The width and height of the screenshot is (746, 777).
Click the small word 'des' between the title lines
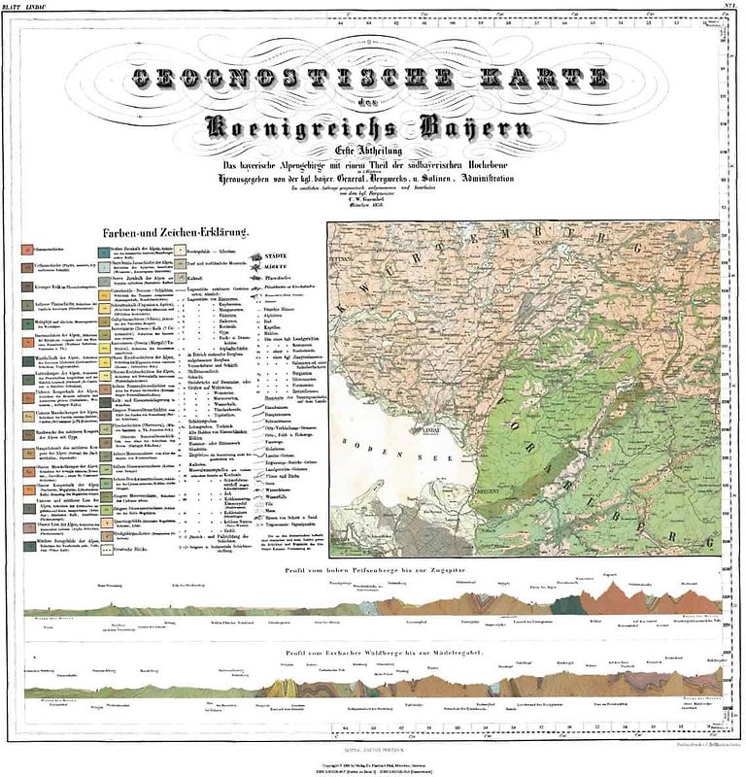pyautogui.click(x=371, y=103)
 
